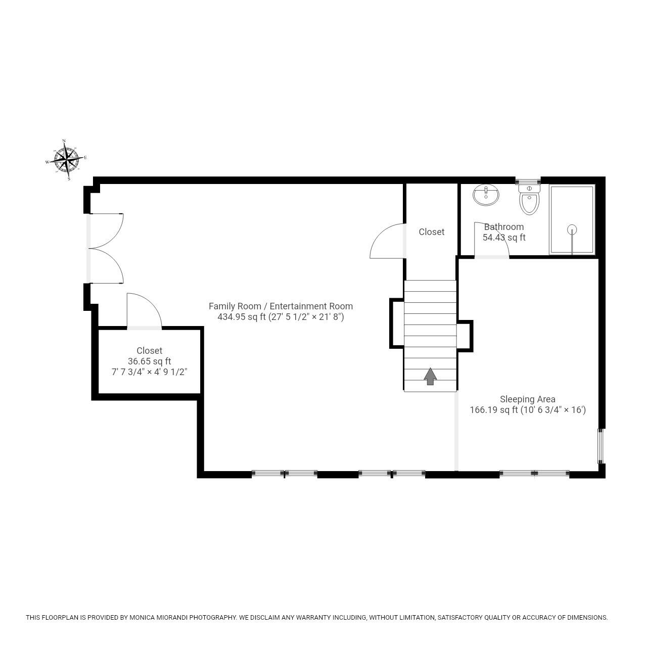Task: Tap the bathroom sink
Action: click(x=486, y=195)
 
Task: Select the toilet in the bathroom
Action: click(x=529, y=200)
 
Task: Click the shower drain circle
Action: click(x=572, y=229)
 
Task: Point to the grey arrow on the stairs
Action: click(x=430, y=376)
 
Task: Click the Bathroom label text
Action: click(x=503, y=226)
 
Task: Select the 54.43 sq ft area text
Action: click(x=504, y=238)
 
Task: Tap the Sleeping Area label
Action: click(x=527, y=399)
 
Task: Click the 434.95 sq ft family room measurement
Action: click(x=281, y=317)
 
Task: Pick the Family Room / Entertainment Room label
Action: click(x=281, y=306)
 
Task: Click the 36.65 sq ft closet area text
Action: click(x=149, y=361)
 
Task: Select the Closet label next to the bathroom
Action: click(x=431, y=232)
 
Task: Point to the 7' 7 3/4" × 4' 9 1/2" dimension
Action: click(x=149, y=372)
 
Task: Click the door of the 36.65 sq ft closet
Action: click(x=144, y=311)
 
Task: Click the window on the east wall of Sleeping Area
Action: click(x=600, y=446)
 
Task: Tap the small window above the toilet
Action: click(x=528, y=180)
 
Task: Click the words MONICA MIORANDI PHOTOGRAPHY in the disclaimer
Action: click(x=183, y=617)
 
